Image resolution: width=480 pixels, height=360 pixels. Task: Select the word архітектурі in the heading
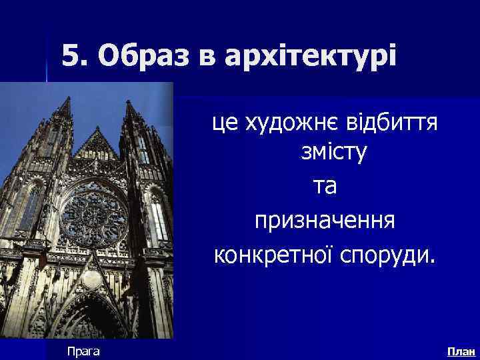311,57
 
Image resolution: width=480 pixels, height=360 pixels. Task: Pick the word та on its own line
324,187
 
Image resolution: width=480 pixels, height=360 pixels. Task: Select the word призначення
324,221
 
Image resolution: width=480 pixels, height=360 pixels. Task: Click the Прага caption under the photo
83,351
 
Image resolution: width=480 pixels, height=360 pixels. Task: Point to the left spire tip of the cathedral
65,99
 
